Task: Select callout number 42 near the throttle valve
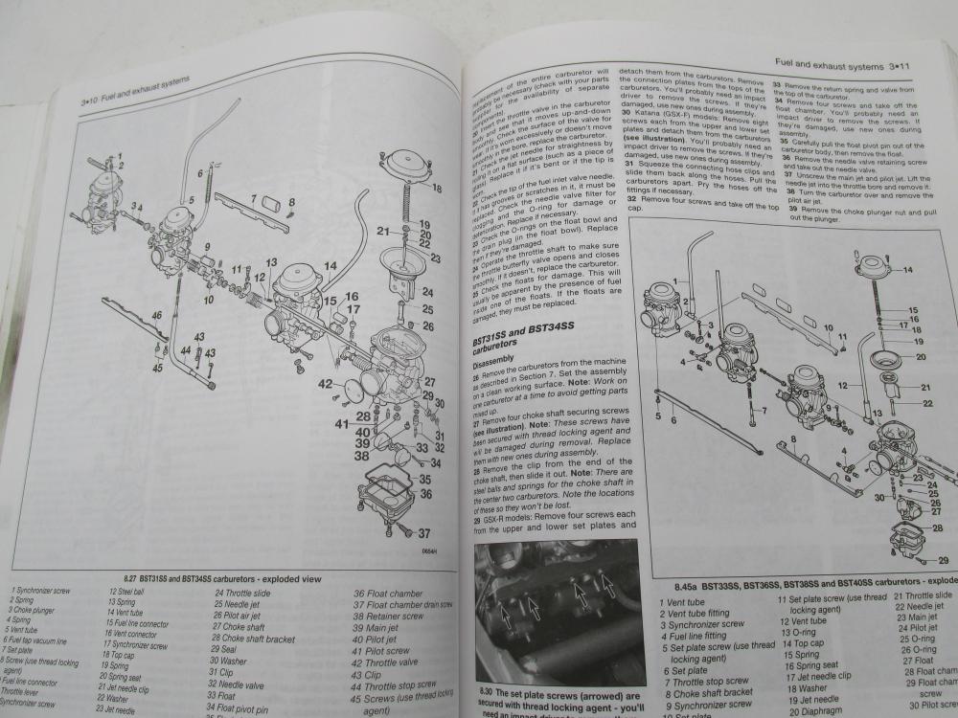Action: pos(325,385)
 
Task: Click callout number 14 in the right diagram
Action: pos(906,271)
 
